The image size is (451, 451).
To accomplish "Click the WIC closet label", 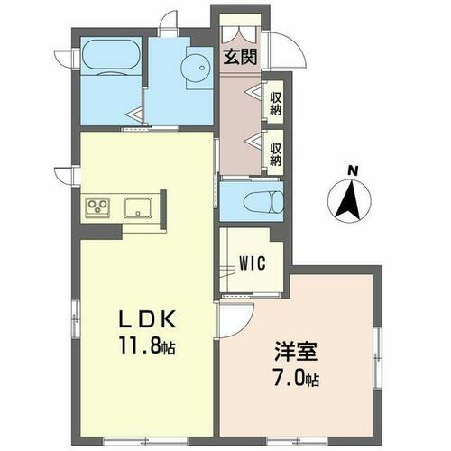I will pos(251,264).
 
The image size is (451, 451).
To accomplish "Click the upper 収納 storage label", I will pos(276,99).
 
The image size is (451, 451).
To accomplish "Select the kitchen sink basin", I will pos(137,207).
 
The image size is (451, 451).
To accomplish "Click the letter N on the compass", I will pos(354,170).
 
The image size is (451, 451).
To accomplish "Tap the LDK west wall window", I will pos(77,321).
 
